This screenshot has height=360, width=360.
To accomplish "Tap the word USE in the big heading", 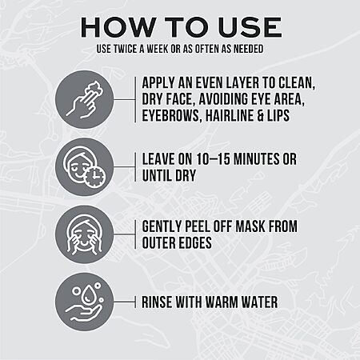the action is (250, 27).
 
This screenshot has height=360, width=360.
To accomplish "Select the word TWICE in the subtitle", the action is (125, 49).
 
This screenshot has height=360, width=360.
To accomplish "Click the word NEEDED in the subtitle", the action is (248, 49).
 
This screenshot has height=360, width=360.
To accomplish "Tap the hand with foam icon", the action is (85, 100).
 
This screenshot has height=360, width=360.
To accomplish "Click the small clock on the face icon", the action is (95, 177).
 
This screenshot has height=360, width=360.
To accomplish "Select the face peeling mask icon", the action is (85, 235).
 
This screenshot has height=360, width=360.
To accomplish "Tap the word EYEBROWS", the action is (170, 116).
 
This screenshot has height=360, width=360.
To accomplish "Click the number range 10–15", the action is (213, 159).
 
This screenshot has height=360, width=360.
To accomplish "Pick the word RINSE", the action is (157, 302).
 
